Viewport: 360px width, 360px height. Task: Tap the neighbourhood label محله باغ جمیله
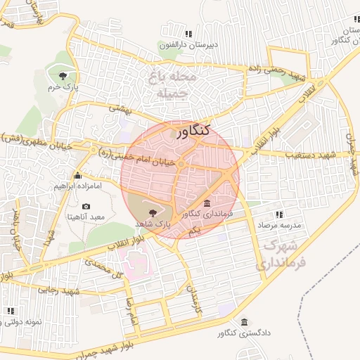pyautogui.click(x=167, y=83)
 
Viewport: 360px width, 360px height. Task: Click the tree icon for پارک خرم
pyautogui.click(x=63, y=75)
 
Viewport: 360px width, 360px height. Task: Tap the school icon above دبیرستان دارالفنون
pyautogui.click(x=188, y=33)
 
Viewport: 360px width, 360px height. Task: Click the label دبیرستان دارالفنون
pyautogui.click(x=187, y=45)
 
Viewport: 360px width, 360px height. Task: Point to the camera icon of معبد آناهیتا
pyautogui.click(x=86, y=206)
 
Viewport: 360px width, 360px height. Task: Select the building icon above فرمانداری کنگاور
pyautogui.click(x=205, y=202)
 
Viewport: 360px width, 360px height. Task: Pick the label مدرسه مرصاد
pyautogui.click(x=281, y=226)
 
